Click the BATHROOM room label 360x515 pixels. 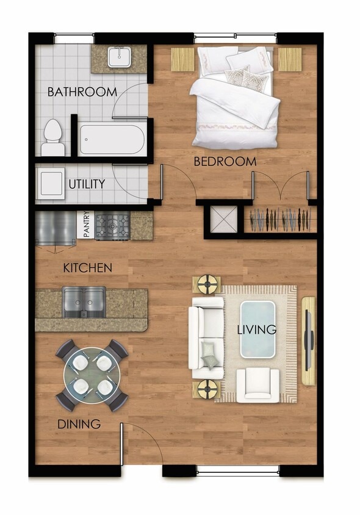coord(82,92)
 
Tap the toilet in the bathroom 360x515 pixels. coord(53,139)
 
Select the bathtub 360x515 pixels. coord(112,140)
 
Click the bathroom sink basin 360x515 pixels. coord(118,57)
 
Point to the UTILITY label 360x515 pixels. coord(87,184)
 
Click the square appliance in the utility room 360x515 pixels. coord(51,181)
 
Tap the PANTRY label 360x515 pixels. coord(87,225)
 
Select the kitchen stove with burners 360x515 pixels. coord(113,226)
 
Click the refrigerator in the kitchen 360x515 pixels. coord(55,228)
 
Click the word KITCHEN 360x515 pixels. coord(88,268)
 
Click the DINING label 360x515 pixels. coord(79,424)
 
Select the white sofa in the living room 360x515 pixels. coord(204,333)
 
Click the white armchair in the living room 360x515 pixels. coord(257,385)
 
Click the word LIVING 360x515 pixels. coord(257,330)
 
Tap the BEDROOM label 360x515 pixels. coord(225,162)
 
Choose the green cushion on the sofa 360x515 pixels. coord(209,354)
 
